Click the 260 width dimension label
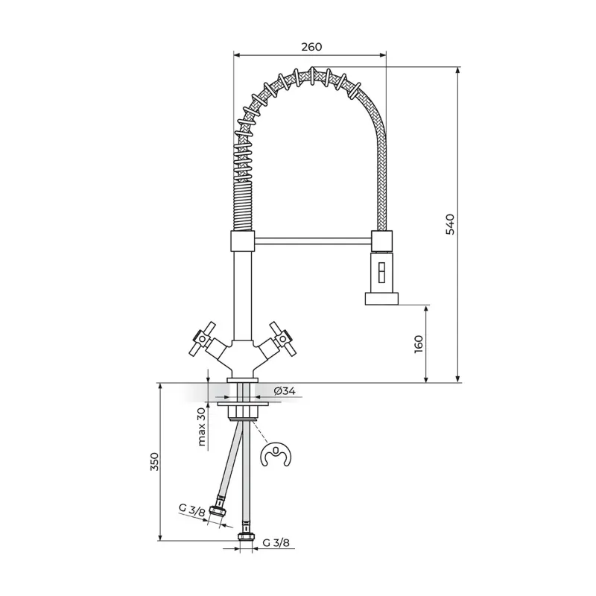pyautogui.click(x=311, y=47)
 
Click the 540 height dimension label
pyautogui.click(x=450, y=224)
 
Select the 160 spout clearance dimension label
pyautogui.click(x=419, y=344)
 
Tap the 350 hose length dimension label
pyautogui.click(x=154, y=461)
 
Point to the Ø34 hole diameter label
pyautogui.click(x=285, y=390)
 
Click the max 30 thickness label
pyautogui.click(x=201, y=426)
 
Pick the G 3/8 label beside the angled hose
pyautogui.click(x=192, y=510)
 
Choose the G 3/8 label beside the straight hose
pyautogui.click(x=276, y=542)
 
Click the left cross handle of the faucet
pyautogui.click(x=203, y=339)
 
